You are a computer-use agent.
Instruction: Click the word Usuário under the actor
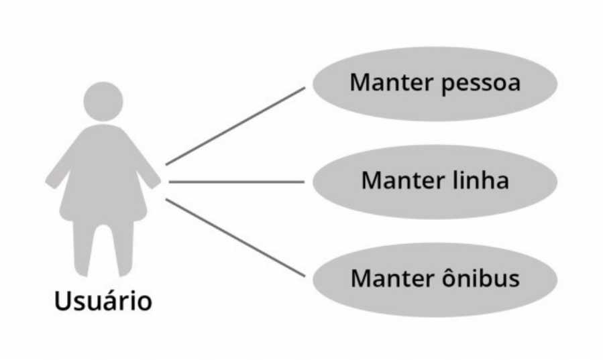coord(103,300)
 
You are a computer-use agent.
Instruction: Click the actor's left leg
coord(87,248)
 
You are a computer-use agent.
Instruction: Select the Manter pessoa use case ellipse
coord(435,84)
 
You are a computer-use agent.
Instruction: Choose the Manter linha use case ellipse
coord(435,181)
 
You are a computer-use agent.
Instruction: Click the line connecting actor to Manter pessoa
coord(235,125)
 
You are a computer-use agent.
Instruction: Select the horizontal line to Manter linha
coord(235,181)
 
